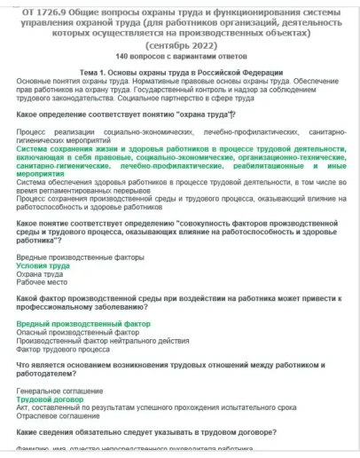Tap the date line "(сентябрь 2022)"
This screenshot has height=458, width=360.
181,44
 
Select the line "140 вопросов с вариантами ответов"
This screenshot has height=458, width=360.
180,57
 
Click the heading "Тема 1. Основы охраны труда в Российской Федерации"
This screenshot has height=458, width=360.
181,72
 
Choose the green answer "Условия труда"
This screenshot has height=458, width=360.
43,266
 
